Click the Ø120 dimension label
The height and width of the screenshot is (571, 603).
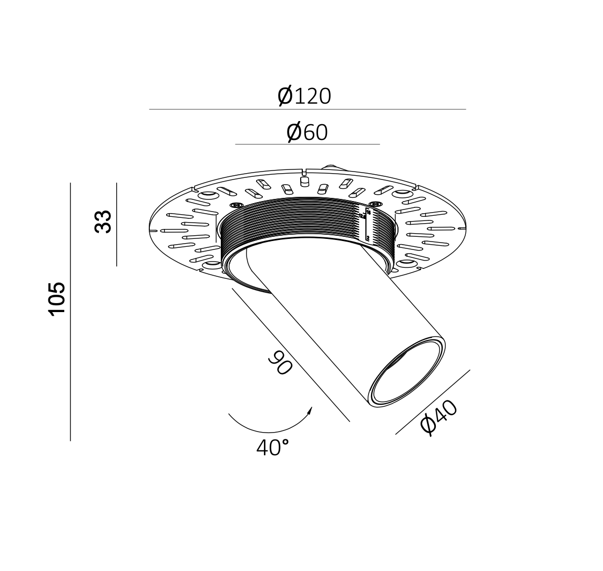pyautogui.click(x=304, y=96)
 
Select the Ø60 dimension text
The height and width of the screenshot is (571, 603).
pyautogui.click(x=307, y=132)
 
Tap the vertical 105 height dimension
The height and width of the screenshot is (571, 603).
pyautogui.click(x=57, y=298)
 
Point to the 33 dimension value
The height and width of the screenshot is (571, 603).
pyautogui.click(x=103, y=221)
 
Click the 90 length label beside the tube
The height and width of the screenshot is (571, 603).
pyautogui.click(x=280, y=363)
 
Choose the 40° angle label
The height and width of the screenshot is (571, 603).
pyautogui.click(x=272, y=447)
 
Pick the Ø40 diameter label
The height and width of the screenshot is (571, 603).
pyautogui.click(x=439, y=417)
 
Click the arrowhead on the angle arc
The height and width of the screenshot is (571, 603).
pyautogui.click(x=310, y=410)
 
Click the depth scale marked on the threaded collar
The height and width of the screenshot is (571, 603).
pyautogui.click(x=367, y=225)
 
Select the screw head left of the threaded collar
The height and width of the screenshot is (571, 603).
pyautogui.click(x=236, y=205)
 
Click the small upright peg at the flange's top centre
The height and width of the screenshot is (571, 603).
pyautogui.click(x=303, y=182)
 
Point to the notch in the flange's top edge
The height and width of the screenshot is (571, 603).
pyautogui.click(x=304, y=172)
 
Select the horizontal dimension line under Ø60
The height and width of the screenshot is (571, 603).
pyautogui.click(x=307, y=144)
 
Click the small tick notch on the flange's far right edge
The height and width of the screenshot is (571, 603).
pyautogui.click(x=462, y=229)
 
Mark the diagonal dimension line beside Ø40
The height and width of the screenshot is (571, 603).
pyautogui.click(x=433, y=402)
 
